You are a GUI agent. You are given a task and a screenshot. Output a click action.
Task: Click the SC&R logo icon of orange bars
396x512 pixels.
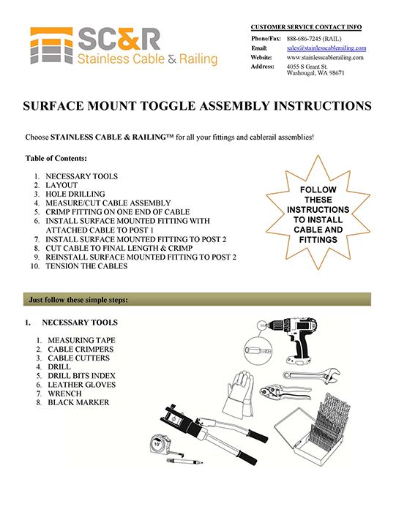51,45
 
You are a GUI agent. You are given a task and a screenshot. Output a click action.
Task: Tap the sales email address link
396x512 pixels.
326,48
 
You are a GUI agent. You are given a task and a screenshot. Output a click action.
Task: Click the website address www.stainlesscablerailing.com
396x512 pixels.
326,56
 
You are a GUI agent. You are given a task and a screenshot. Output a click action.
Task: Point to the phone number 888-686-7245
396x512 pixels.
315,38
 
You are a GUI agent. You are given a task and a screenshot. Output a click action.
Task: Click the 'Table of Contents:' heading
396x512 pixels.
56,158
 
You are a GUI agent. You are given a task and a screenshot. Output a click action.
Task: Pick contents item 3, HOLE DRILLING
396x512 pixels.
78,194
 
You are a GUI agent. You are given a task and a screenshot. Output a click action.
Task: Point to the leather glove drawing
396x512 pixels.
242,394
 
